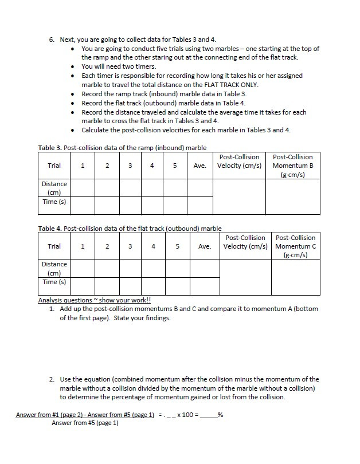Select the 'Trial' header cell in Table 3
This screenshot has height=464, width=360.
click(54, 166)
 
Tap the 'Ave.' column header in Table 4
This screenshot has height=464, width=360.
click(205, 246)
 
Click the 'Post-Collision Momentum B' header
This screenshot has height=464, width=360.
click(292, 166)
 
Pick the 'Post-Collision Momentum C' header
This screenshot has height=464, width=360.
click(295, 246)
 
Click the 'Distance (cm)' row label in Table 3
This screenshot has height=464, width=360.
click(54, 188)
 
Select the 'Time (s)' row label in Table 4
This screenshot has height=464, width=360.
click(54, 282)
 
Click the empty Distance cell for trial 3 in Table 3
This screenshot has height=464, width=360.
click(130, 188)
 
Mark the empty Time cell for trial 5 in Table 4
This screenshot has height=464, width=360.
click(178, 285)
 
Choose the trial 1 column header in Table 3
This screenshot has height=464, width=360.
click(83, 166)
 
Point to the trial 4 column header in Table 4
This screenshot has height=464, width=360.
click(153, 246)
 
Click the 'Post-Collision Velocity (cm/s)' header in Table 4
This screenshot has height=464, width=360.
click(245, 242)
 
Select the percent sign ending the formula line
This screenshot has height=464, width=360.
click(221, 415)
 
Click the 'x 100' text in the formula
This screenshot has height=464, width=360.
click(187, 415)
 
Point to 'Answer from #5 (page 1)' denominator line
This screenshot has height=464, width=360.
click(85, 423)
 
